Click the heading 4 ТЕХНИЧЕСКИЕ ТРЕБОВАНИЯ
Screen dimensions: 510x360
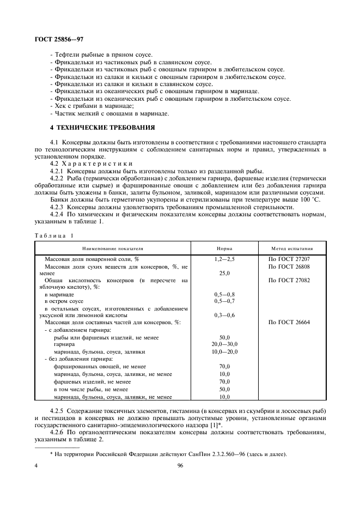click(103, 127)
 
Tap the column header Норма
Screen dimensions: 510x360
click(224, 248)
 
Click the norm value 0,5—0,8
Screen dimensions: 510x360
click(224, 294)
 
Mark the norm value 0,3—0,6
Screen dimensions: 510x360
click(224, 315)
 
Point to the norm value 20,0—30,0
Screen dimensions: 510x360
click(224, 344)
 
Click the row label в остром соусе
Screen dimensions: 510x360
click(64, 301)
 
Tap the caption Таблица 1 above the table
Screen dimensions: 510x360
click(54, 235)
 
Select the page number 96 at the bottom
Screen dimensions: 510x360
click(180, 466)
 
